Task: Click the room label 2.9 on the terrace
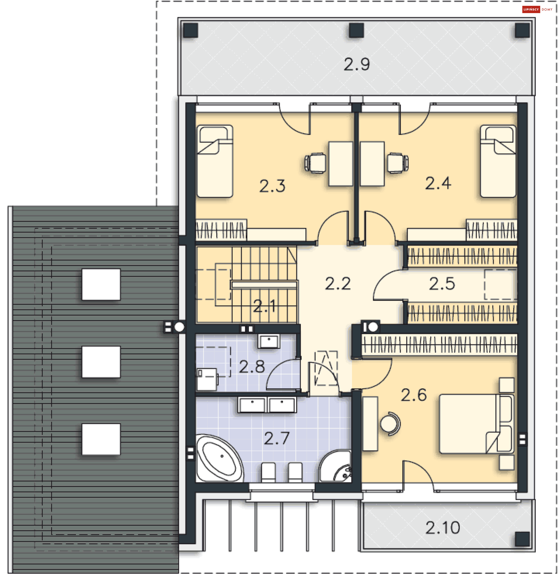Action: pos(356,64)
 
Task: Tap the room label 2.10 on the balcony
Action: pos(442,527)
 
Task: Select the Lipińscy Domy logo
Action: pos(537,10)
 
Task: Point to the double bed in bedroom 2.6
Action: pos(476,424)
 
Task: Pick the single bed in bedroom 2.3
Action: pos(215,161)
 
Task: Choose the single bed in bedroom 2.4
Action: pos(498,161)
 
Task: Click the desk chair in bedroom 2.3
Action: pos(315,163)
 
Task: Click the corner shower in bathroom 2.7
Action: pos(336,466)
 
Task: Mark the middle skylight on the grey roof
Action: pos(101,362)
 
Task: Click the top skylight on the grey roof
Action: pos(101,284)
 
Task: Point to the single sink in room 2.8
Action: pos(269,341)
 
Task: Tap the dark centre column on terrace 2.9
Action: pos(356,30)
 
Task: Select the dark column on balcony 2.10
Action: pos(522,539)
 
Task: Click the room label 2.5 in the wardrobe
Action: pos(442,284)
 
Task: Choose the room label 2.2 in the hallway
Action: pos(338,284)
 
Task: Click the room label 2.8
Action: pos(252,367)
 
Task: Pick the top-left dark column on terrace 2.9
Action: pos(190,30)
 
